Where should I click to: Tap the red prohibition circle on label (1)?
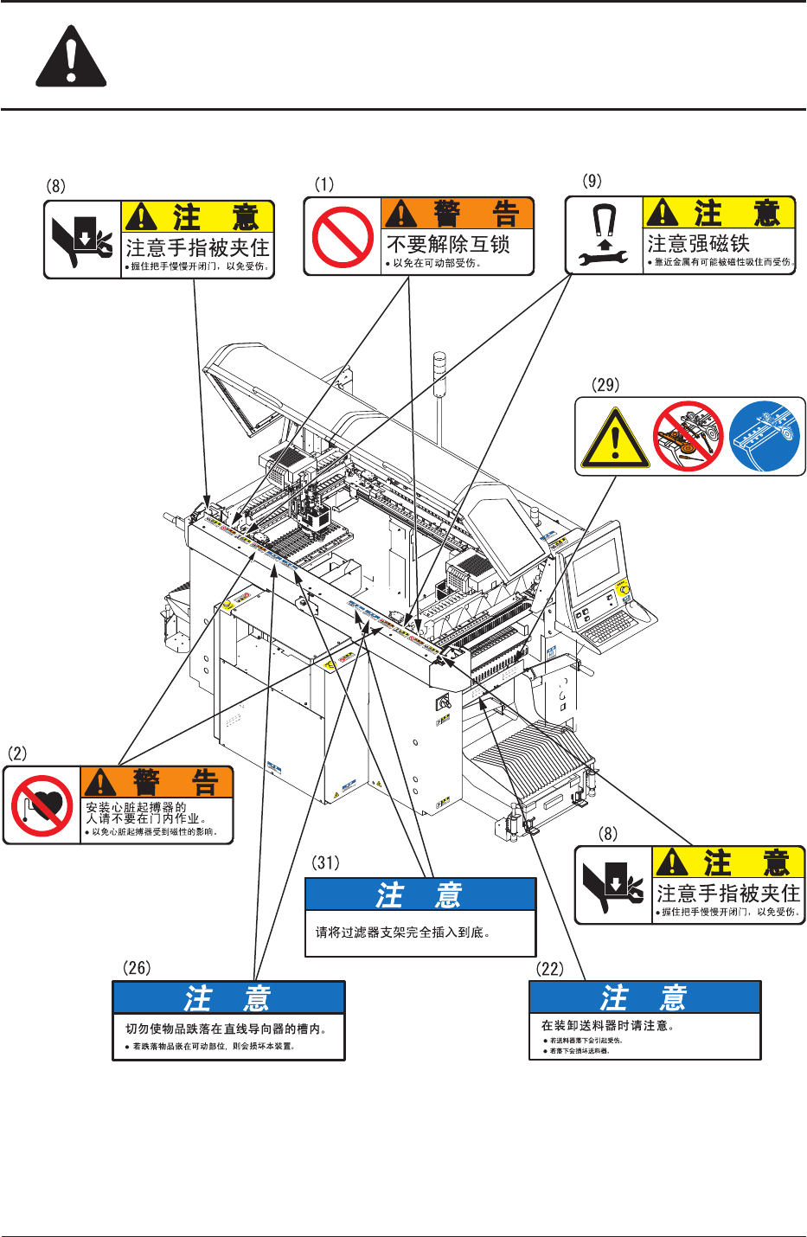point(343,236)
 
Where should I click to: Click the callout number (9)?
point(592,181)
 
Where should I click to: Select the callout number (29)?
point(605,385)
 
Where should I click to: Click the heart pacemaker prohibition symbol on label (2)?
point(42,805)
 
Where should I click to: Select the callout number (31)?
point(325,862)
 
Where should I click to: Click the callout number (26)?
point(137,968)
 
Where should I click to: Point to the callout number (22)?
point(549,968)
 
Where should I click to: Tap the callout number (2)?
point(17,753)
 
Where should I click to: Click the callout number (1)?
point(323,184)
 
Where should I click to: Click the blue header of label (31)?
point(420,894)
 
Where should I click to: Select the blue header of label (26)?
point(228,998)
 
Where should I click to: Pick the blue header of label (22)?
point(644,997)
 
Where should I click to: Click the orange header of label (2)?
point(157,782)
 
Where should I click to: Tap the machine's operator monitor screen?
point(596,566)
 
